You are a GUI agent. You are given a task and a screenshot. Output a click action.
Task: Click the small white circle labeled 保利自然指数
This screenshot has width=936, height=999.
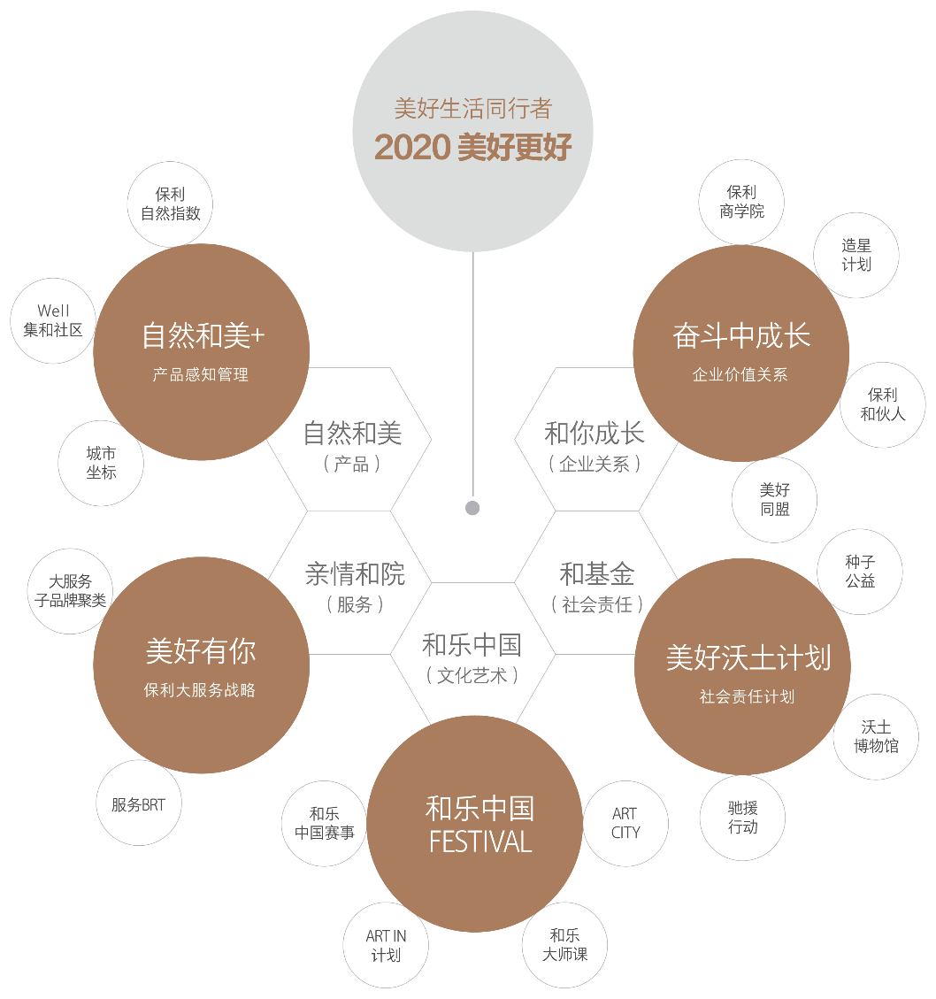[x=171, y=204]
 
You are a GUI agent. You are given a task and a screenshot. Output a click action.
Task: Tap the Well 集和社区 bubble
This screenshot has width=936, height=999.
[x=53, y=320]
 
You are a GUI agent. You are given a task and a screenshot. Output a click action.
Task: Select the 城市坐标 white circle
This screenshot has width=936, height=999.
[x=101, y=463]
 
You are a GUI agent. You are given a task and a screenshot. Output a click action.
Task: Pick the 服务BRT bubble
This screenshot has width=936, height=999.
[x=138, y=803]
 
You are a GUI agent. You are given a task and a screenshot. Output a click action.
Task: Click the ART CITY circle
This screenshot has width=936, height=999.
[x=625, y=824]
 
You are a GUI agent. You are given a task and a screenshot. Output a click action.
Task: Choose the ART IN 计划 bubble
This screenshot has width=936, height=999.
[x=386, y=946]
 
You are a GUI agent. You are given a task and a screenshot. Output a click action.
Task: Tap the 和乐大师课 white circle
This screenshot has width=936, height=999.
[x=564, y=945]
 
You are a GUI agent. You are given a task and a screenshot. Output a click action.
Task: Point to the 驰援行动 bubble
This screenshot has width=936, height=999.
[x=743, y=818]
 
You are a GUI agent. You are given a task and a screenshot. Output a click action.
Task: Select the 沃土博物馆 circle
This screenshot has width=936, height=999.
[x=876, y=737]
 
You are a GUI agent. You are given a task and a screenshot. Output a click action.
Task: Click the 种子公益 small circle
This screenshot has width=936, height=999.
[x=859, y=572]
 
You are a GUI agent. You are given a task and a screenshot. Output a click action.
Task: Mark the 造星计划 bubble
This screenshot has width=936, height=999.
[x=856, y=255]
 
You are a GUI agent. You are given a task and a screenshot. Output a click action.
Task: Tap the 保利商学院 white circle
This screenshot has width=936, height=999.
[x=741, y=202]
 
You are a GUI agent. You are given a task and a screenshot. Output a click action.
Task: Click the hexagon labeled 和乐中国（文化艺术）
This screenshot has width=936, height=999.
[x=472, y=657]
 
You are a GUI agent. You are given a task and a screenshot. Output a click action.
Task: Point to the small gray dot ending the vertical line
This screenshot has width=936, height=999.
[x=472, y=508]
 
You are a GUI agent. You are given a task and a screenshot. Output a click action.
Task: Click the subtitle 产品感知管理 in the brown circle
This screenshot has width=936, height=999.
[x=201, y=375]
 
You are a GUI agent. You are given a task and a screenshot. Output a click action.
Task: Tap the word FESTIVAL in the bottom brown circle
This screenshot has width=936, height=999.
[x=480, y=841]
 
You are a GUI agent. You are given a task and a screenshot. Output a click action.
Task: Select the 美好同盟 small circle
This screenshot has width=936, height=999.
[x=774, y=500]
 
